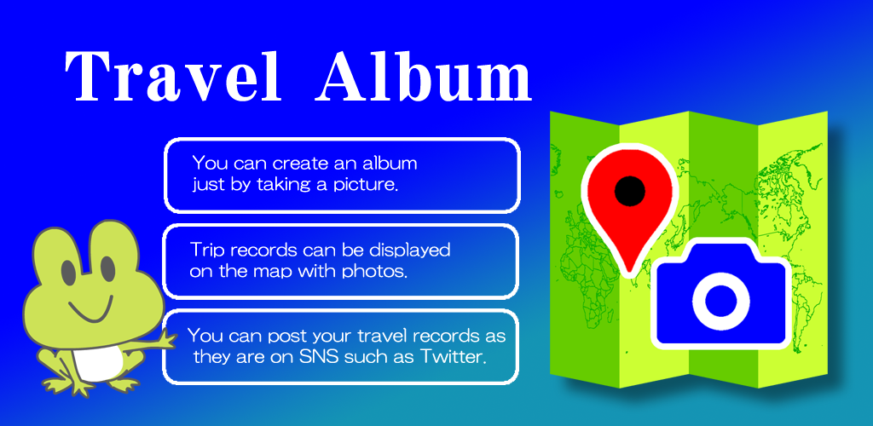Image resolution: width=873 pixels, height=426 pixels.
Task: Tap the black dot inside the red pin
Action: pyautogui.click(x=630, y=191)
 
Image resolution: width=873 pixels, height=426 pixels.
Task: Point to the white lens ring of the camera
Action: pyautogui.click(x=721, y=300)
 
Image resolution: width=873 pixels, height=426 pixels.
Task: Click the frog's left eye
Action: pyautogui.click(x=69, y=270)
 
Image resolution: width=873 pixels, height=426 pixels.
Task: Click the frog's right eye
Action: pyautogui.click(x=107, y=268)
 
